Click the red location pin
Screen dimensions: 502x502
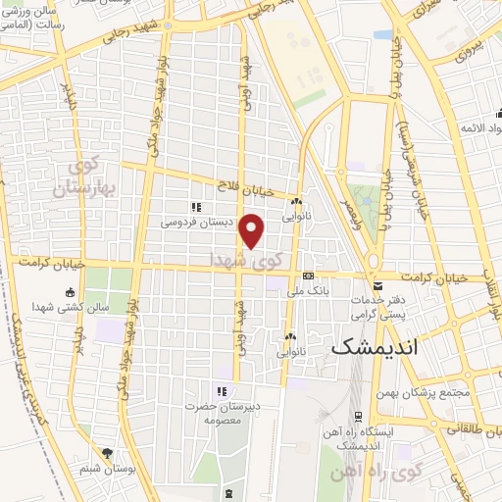(252, 230)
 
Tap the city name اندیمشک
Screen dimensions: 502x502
(376, 347)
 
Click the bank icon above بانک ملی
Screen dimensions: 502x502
(307, 276)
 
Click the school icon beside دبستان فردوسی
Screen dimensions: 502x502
(196, 207)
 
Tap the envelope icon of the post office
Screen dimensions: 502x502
(377, 285)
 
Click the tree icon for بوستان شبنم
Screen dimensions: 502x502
(107, 454)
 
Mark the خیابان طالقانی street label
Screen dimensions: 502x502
(469, 428)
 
